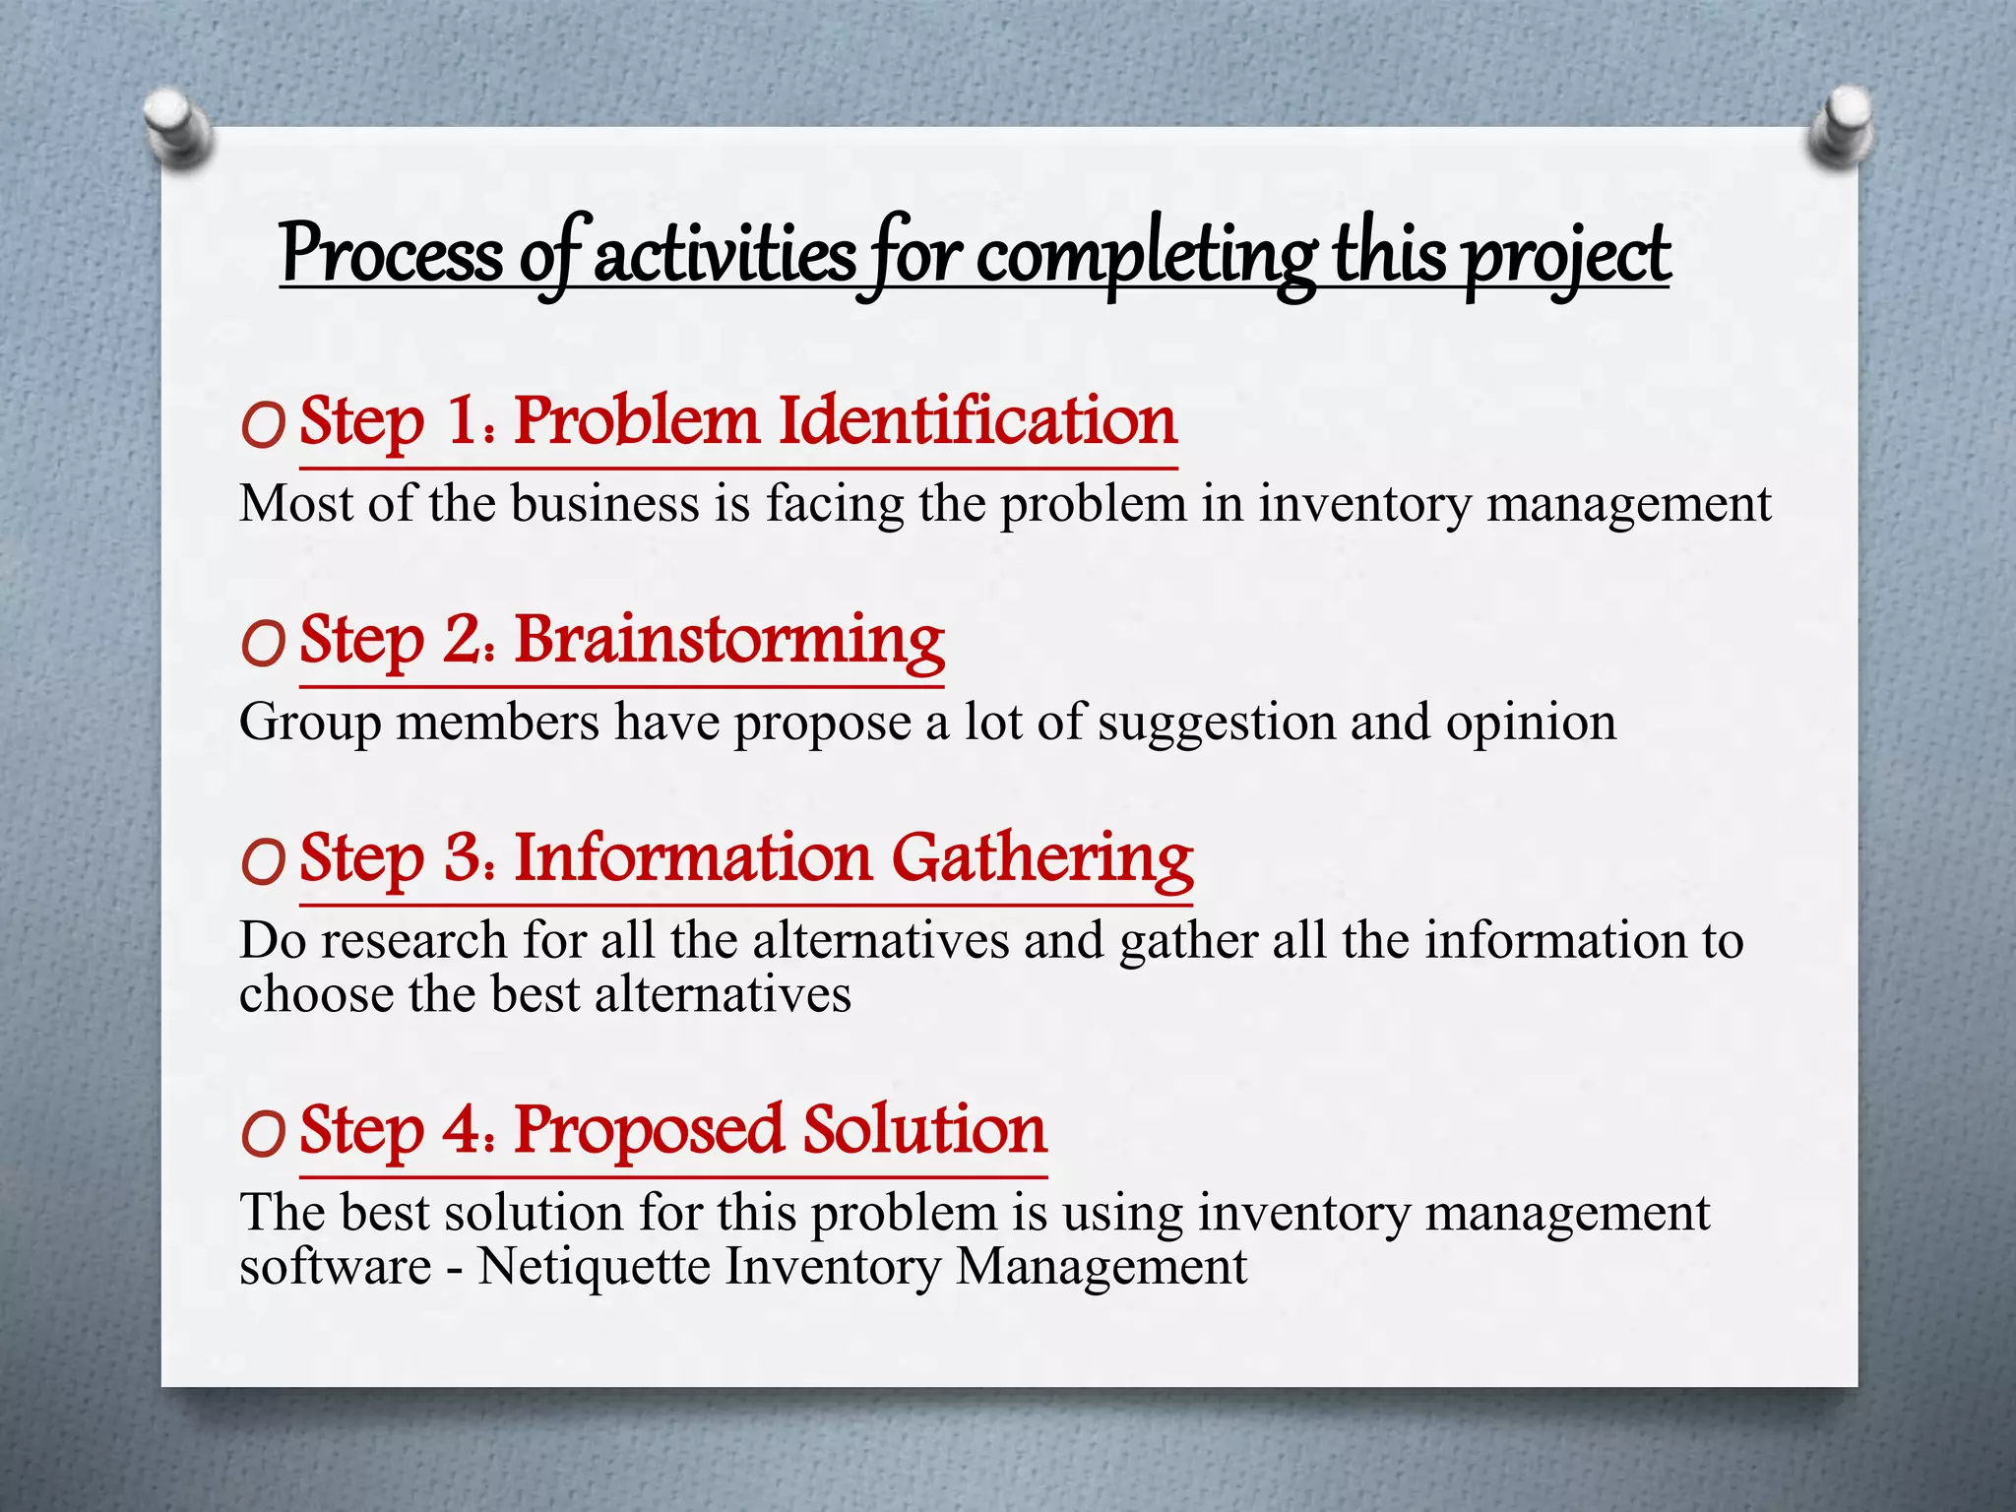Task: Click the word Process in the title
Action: click(x=392, y=254)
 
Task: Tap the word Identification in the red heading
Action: click(x=977, y=421)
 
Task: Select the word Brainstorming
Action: click(x=729, y=641)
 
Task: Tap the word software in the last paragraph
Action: click(x=335, y=1266)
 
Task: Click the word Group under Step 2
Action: click(x=310, y=724)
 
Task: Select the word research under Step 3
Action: click(x=413, y=940)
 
